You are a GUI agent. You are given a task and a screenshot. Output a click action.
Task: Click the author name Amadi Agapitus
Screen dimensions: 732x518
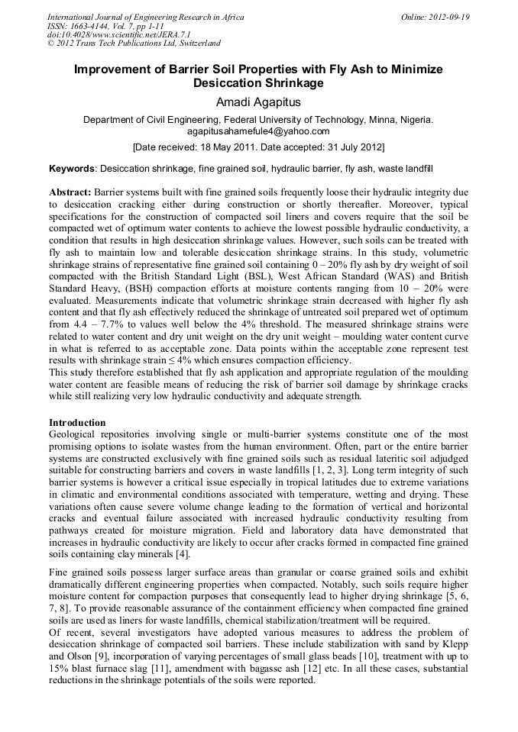pyautogui.click(x=258, y=102)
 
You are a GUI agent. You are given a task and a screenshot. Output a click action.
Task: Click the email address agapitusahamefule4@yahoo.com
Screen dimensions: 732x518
pyautogui.click(x=258, y=131)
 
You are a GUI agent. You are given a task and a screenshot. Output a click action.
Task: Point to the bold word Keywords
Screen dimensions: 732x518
pyautogui.click(x=73, y=167)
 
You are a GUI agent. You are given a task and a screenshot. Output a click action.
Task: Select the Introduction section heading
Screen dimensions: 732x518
pyautogui.click(x=77, y=422)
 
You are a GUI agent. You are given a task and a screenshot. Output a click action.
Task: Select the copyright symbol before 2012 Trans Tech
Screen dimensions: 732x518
pyautogui.click(x=51, y=44)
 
